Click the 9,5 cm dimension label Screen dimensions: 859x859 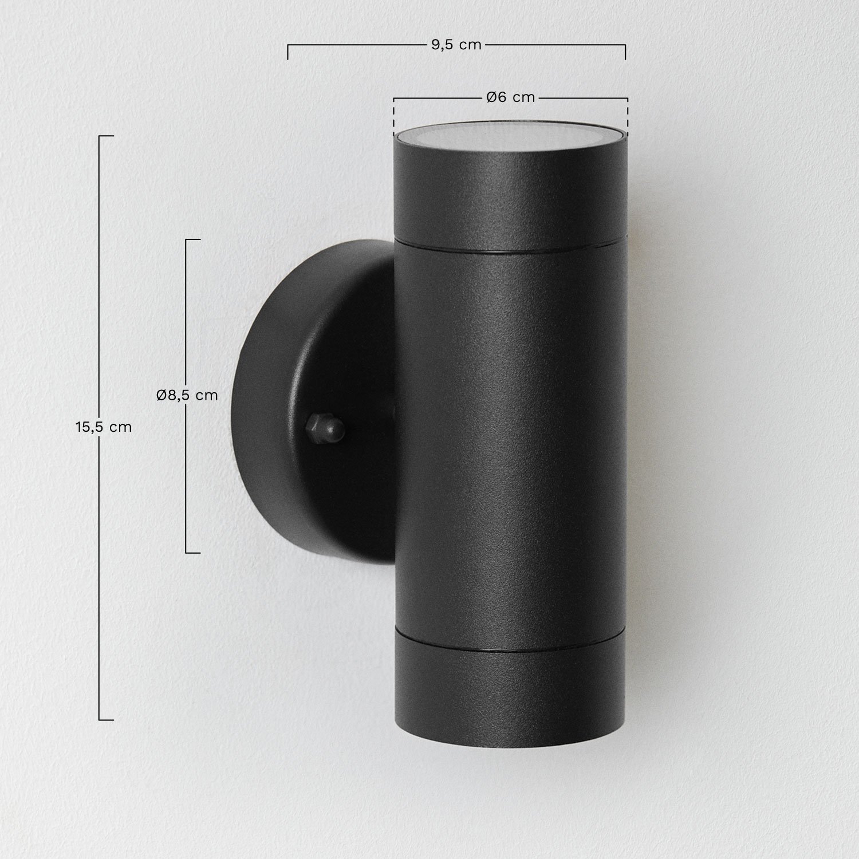[456, 45]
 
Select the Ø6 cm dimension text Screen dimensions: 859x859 [510, 98]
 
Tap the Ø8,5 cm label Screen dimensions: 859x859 [187, 395]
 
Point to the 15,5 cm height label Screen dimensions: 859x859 [104, 427]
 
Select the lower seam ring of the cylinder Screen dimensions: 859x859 [510, 652]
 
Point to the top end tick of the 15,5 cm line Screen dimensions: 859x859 [106, 136]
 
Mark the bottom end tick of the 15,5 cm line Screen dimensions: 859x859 [106, 719]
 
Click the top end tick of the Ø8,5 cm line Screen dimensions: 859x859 [193, 239]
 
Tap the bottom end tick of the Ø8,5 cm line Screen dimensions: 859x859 [193, 553]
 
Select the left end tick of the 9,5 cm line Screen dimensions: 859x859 [287, 52]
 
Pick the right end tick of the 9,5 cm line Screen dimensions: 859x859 [625, 52]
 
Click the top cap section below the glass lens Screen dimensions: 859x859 [510, 195]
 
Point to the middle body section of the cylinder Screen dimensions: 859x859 [510, 447]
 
